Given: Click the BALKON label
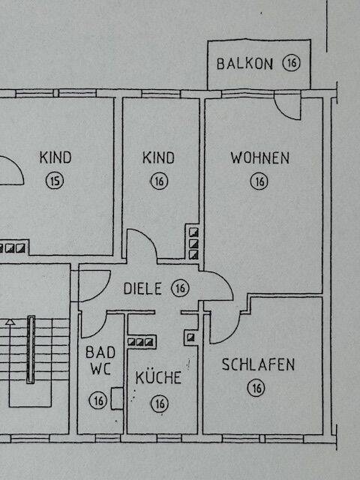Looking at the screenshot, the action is point(244,64).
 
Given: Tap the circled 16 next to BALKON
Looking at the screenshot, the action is point(292,63).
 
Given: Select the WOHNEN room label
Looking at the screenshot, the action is point(260,157).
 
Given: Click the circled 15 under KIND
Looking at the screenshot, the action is point(55,180).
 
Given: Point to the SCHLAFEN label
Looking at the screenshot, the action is point(258,364).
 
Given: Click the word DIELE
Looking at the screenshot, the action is point(142,288).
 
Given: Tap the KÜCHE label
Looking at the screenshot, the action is point(158,376).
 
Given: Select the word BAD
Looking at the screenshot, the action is point(100,352).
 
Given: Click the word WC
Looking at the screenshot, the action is point(100,368).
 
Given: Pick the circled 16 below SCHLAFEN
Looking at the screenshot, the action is point(256,388).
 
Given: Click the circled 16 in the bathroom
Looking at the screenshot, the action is point(98,400).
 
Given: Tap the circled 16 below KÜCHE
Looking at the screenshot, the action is point(160,403).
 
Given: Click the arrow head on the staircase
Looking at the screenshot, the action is point(10,322).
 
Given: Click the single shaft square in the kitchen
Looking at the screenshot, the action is point(191,337).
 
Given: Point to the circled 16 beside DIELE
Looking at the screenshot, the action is point(180,288).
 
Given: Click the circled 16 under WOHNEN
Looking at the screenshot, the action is point(259,181).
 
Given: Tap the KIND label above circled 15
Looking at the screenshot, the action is point(55,157).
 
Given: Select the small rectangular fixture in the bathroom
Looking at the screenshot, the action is point(117,398).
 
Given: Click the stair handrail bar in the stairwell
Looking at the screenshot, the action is point(31,349).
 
